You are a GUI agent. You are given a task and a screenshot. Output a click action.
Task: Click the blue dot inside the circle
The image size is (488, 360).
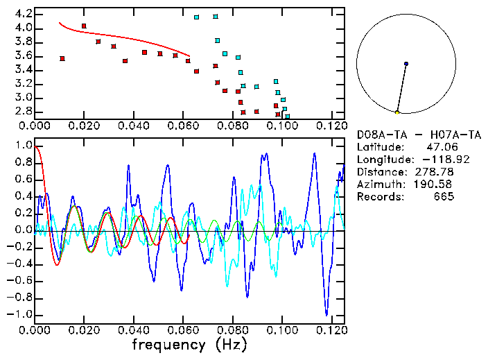[406, 64]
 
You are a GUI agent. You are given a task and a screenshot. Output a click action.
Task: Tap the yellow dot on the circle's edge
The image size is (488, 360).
[397, 112]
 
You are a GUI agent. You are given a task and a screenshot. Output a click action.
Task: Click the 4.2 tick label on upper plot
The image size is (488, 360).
[23, 14]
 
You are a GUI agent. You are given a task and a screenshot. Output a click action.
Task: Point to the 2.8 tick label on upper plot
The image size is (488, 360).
[23, 111]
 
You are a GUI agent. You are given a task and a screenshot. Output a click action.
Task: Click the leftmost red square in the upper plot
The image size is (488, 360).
[62, 58]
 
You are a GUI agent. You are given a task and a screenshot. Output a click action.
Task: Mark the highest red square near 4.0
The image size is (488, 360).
[84, 26]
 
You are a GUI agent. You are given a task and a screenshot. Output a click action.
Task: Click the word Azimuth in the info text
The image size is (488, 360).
[378, 185]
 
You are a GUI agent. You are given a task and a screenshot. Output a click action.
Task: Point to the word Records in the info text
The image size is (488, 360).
[378, 197]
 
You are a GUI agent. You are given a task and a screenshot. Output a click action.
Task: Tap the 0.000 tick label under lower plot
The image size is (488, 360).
[35, 329]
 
